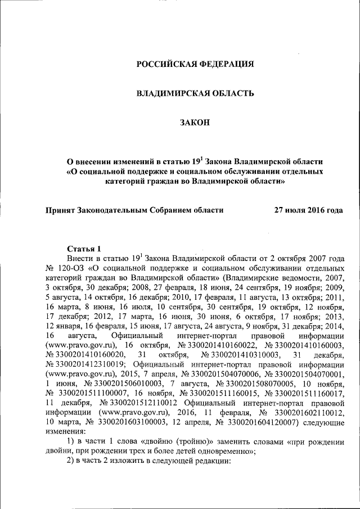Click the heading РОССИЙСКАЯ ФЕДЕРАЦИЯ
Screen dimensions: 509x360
pyautogui.click(x=195, y=64)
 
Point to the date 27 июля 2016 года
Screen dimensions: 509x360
pyautogui.click(x=308, y=210)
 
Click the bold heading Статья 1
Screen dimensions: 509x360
pyautogui.click(x=84, y=249)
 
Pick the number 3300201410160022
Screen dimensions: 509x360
pyautogui.click(x=214, y=344)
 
